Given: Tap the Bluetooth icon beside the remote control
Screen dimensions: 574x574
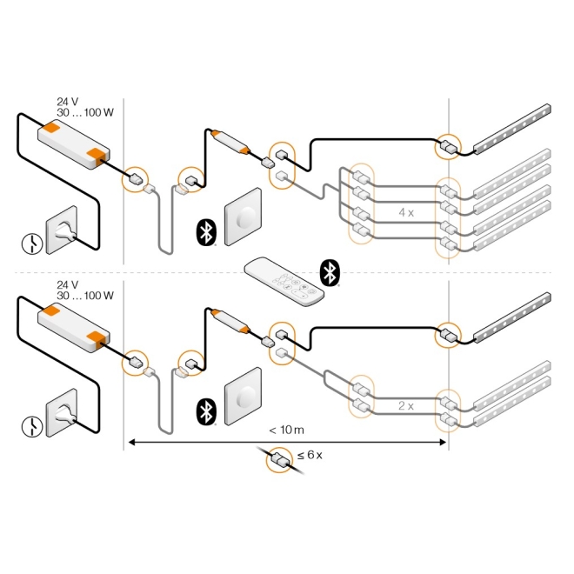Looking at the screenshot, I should pos(330,271).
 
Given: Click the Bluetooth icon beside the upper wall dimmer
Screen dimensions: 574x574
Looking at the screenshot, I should pos(205,232).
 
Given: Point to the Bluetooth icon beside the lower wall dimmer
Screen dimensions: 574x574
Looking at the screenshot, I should pos(205,411).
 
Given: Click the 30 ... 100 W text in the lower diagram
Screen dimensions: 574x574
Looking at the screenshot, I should pos(84,296).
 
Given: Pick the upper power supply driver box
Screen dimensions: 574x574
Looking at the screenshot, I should pos(75,143).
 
